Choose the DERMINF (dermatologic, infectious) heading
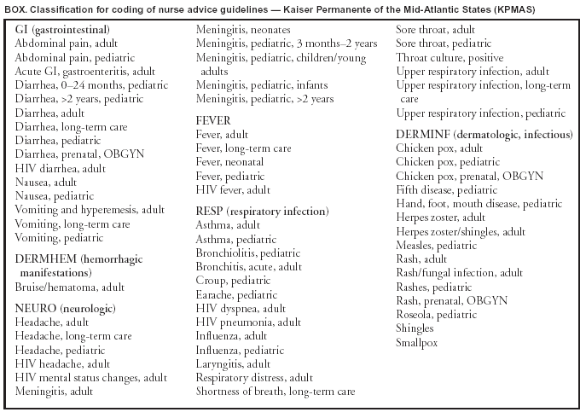coord(484,135)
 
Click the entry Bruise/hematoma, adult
coord(69,289)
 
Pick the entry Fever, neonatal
coord(229,162)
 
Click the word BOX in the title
coord(15,7)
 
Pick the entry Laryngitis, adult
coord(233,363)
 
